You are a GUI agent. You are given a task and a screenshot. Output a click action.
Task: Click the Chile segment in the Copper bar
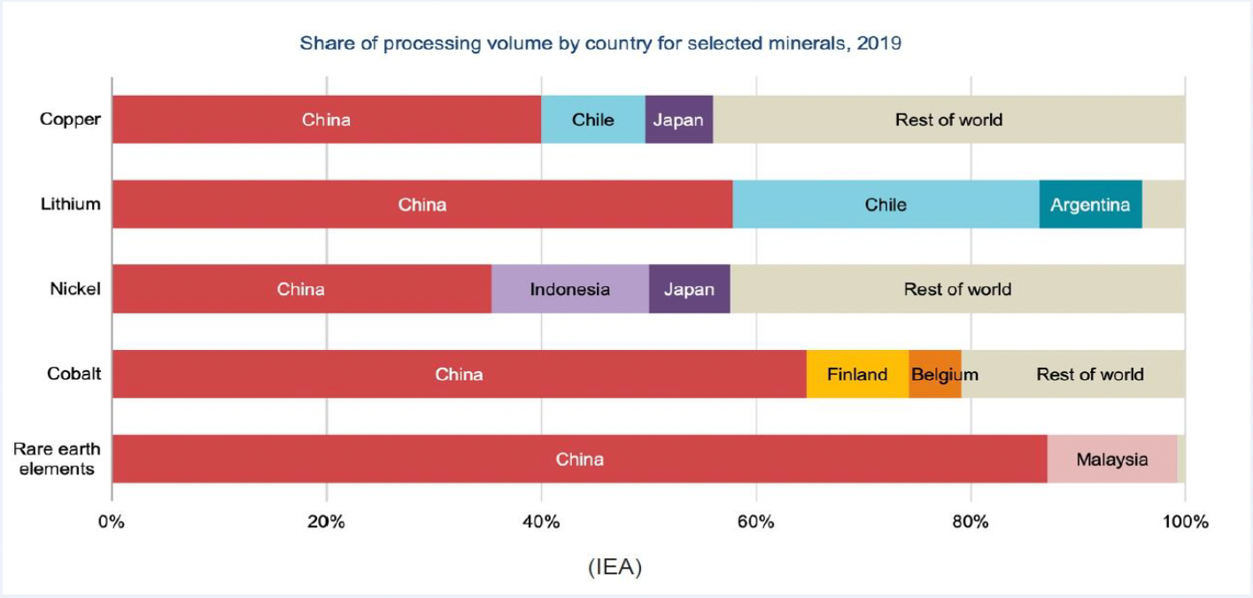[x=592, y=120]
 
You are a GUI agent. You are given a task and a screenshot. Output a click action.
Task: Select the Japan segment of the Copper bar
[x=678, y=120]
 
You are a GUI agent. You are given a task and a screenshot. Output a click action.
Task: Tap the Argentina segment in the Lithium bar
[x=1090, y=205]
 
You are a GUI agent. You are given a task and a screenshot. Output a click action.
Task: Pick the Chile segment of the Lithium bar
[x=886, y=205]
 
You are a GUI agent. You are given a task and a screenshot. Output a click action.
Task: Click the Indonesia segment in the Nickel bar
[x=569, y=289]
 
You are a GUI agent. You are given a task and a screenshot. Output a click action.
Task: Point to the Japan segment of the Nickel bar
[x=689, y=289]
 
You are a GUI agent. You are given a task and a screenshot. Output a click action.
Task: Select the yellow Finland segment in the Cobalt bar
[x=857, y=374]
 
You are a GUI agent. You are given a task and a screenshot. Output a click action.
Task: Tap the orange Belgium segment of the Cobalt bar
[x=934, y=374]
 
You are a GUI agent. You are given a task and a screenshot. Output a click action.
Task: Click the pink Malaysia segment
[x=1111, y=459]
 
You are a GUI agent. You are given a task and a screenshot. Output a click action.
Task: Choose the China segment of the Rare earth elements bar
[x=579, y=459]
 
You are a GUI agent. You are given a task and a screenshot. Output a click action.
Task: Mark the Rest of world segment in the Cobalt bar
[x=1089, y=374]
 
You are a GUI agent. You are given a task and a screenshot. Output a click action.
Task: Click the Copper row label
[x=70, y=120]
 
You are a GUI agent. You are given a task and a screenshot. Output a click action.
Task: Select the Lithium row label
[x=70, y=205]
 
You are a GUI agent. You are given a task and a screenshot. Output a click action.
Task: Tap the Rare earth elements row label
[x=57, y=459]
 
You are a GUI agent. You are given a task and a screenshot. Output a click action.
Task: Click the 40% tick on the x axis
[x=541, y=522]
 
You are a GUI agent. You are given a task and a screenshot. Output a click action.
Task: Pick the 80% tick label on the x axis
[x=971, y=522]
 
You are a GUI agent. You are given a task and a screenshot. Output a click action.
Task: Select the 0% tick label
[x=112, y=522]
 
